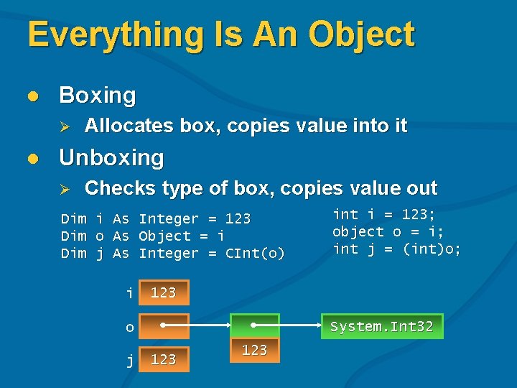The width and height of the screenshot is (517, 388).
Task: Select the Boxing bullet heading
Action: point(97,95)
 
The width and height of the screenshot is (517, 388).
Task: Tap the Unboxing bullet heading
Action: point(111,157)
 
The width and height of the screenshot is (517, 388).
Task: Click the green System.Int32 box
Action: point(381,326)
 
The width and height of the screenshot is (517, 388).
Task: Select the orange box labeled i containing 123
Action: point(164,292)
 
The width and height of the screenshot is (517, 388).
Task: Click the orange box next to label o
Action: point(164,326)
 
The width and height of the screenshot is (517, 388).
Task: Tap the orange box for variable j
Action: point(164,359)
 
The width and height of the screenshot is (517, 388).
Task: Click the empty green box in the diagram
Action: point(254,326)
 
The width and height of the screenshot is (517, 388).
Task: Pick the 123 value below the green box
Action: point(254,350)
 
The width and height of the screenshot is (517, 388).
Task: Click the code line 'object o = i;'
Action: point(388,231)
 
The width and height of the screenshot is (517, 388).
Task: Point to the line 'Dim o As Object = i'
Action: point(143,236)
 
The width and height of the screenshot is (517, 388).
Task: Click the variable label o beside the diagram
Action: point(129,328)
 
